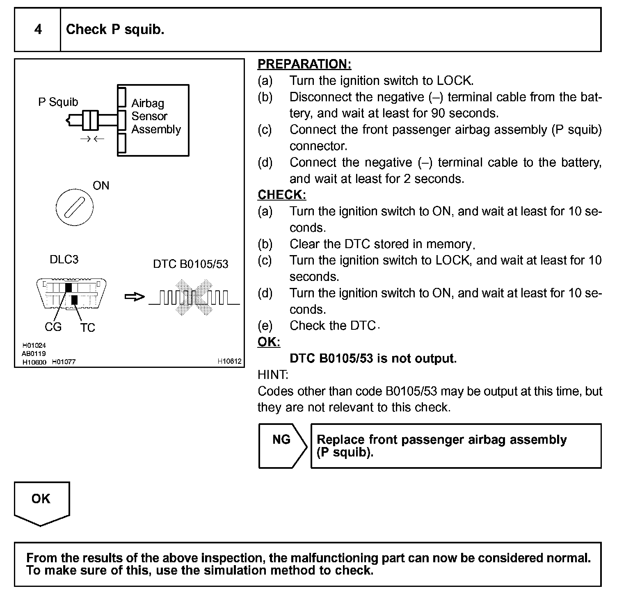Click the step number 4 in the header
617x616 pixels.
pos(38,30)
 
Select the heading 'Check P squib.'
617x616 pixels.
pos(115,30)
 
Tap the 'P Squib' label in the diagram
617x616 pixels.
pos(58,102)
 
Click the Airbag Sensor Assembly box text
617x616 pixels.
pos(156,116)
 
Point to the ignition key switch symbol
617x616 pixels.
pos(74,207)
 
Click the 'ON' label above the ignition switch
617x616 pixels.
pos(101,186)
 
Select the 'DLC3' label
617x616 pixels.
pos(64,260)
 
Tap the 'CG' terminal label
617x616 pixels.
pos(53,327)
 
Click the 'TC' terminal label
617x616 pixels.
pos(87,328)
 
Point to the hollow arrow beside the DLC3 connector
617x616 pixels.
pos(135,297)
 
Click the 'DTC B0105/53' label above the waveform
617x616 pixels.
pos(190,264)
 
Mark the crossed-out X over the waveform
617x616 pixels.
pos(194,297)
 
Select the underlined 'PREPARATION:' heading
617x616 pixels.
pos(304,64)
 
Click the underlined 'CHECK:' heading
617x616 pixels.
pos(282,195)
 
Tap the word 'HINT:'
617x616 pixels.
pos(273,375)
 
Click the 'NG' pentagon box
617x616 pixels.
pos(281,445)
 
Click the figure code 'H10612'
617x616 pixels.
pos(229,361)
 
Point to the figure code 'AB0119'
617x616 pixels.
pos(34,354)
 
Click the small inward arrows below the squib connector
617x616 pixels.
pos(92,139)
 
